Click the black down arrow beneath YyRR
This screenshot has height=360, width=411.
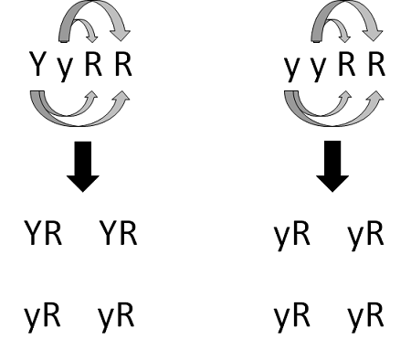pos(83,164)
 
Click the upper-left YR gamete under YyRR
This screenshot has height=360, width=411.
pos(43,235)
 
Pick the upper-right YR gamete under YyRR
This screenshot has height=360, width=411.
pos(117,235)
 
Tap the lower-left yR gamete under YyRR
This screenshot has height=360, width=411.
pos(42,318)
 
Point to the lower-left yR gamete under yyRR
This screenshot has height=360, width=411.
pos(292,318)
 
